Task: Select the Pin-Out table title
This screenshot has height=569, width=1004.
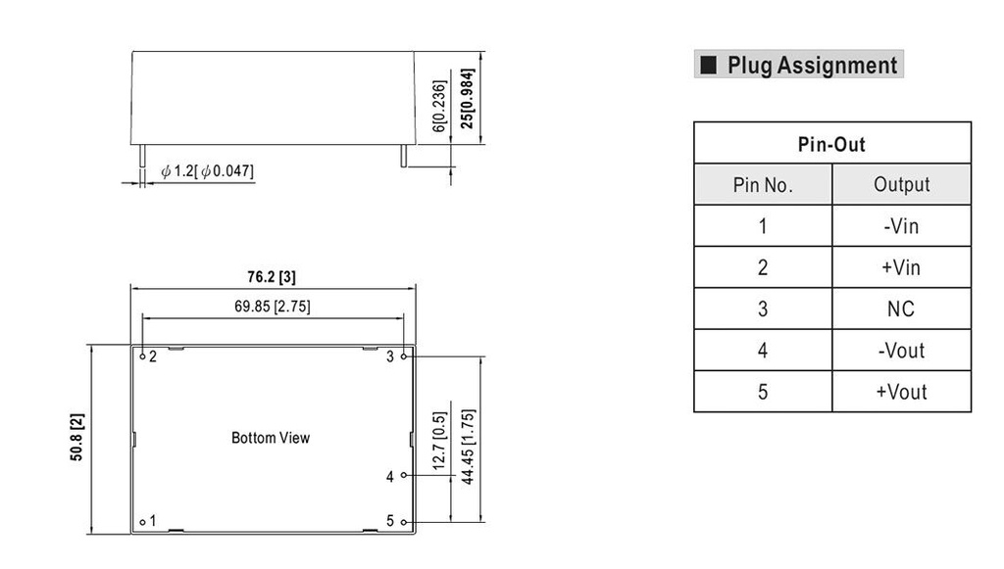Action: pyautogui.click(x=831, y=144)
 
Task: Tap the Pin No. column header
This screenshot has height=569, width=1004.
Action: pyautogui.click(x=763, y=185)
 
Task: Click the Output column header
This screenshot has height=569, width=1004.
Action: pyautogui.click(x=901, y=185)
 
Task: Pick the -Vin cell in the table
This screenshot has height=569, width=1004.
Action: pyautogui.click(x=901, y=226)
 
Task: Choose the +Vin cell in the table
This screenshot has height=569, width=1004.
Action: pyautogui.click(x=901, y=267)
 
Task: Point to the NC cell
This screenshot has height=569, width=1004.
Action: pyautogui.click(x=901, y=309)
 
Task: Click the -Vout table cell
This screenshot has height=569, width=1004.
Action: pyautogui.click(x=901, y=351)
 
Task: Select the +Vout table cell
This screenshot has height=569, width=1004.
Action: pyautogui.click(x=901, y=392)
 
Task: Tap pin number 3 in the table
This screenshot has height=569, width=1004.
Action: pyautogui.click(x=763, y=309)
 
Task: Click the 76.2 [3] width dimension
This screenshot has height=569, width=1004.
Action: pyautogui.click(x=272, y=277)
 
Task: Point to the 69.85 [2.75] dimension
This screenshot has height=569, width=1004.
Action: pyautogui.click(x=273, y=306)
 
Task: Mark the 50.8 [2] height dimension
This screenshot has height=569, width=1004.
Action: pyautogui.click(x=77, y=438)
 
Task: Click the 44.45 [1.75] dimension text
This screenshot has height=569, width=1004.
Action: pyautogui.click(x=469, y=446)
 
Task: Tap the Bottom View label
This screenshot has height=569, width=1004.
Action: pyautogui.click(x=270, y=438)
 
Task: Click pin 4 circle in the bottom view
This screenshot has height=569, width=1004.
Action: pyautogui.click(x=403, y=476)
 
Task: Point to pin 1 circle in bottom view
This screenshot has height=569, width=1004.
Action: pyautogui.click(x=142, y=522)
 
